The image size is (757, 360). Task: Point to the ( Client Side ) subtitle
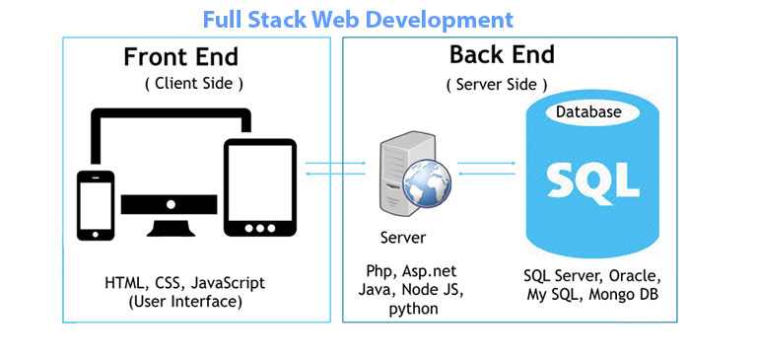194,83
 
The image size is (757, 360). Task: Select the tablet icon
260,187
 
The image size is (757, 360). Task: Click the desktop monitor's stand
171,222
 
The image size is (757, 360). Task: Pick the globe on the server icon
424,185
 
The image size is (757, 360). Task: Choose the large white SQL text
586,180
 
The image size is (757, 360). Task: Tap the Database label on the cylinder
588,112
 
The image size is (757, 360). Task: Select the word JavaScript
229,283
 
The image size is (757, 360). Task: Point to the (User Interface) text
184,301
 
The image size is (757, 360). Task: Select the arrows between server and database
487,169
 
